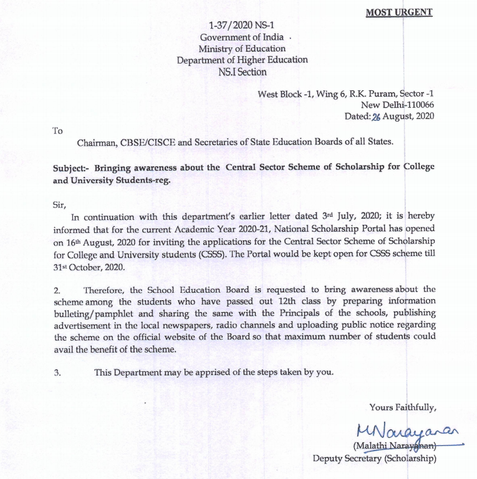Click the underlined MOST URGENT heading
(x=398, y=12)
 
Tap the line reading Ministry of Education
(x=242, y=49)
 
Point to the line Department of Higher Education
(x=242, y=60)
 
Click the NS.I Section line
(x=242, y=72)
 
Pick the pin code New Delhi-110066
(x=397, y=105)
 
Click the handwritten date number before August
(x=375, y=116)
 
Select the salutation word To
(x=57, y=131)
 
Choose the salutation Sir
(x=59, y=204)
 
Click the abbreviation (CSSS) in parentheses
(x=214, y=255)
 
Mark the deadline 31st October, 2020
(x=90, y=267)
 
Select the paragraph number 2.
(x=57, y=290)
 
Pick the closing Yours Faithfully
(x=402, y=407)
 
